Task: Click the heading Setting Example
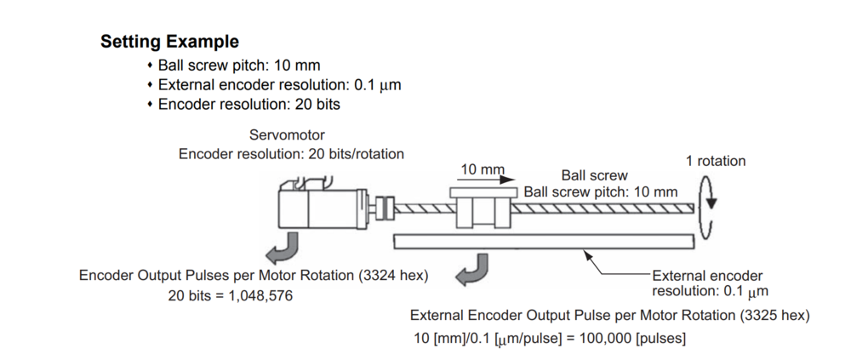point(169,41)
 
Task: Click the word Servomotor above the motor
point(287,135)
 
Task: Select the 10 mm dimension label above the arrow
point(482,169)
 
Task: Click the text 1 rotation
point(715,161)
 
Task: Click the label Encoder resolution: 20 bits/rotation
point(291,153)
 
